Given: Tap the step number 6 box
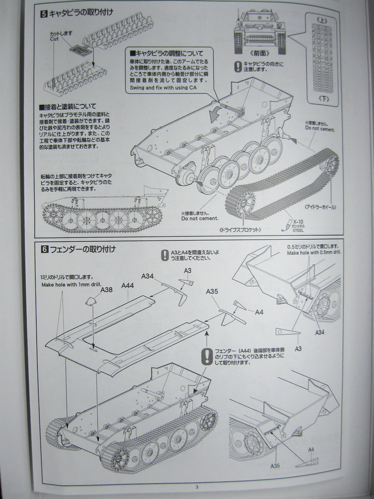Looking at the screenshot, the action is click(44, 249).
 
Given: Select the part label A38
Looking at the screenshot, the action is click(107, 289).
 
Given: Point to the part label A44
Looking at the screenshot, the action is click(128, 286).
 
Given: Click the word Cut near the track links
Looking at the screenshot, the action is click(54, 38).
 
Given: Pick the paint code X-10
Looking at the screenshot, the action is click(299, 222).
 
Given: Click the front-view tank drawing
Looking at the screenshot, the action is click(260, 31).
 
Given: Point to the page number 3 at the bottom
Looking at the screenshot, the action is click(196, 487).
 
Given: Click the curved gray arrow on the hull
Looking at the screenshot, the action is click(213, 115).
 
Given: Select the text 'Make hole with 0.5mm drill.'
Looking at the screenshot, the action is click(314, 253).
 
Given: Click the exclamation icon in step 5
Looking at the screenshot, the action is click(238, 66).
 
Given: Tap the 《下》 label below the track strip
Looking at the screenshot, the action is click(322, 98).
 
